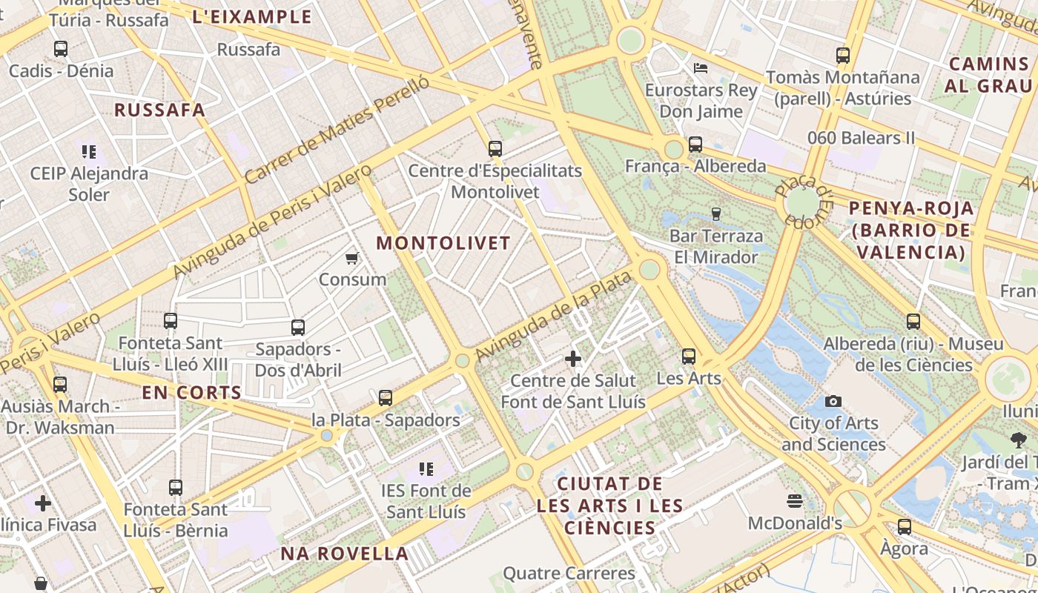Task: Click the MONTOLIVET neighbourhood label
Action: (x=443, y=243)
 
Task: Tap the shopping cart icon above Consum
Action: (x=352, y=259)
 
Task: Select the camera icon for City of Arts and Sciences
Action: (x=833, y=401)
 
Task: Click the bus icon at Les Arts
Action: (x=689, y=357)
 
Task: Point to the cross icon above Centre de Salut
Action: (x=573, y=360)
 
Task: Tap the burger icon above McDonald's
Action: (x=795, y=501)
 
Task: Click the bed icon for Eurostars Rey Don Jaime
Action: (x=701, y=68)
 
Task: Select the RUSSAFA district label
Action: (x=159, y=110)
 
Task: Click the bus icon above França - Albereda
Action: (x=695, y=145)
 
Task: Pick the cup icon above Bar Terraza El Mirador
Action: (x=715, y=214)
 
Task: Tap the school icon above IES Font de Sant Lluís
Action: (x=426, y=468)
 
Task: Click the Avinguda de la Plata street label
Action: (x=554, y=316)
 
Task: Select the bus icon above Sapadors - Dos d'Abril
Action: (x=298, y=327)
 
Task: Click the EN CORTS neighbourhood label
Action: (x=192, y=393)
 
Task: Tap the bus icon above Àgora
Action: (x=905, y=527)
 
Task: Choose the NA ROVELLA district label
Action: (x=345, y=554)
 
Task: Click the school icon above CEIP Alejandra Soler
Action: (x=89, y=152)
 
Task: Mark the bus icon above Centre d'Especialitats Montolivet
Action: (x=495, y=149)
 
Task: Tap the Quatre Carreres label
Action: (x=569, y=573)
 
